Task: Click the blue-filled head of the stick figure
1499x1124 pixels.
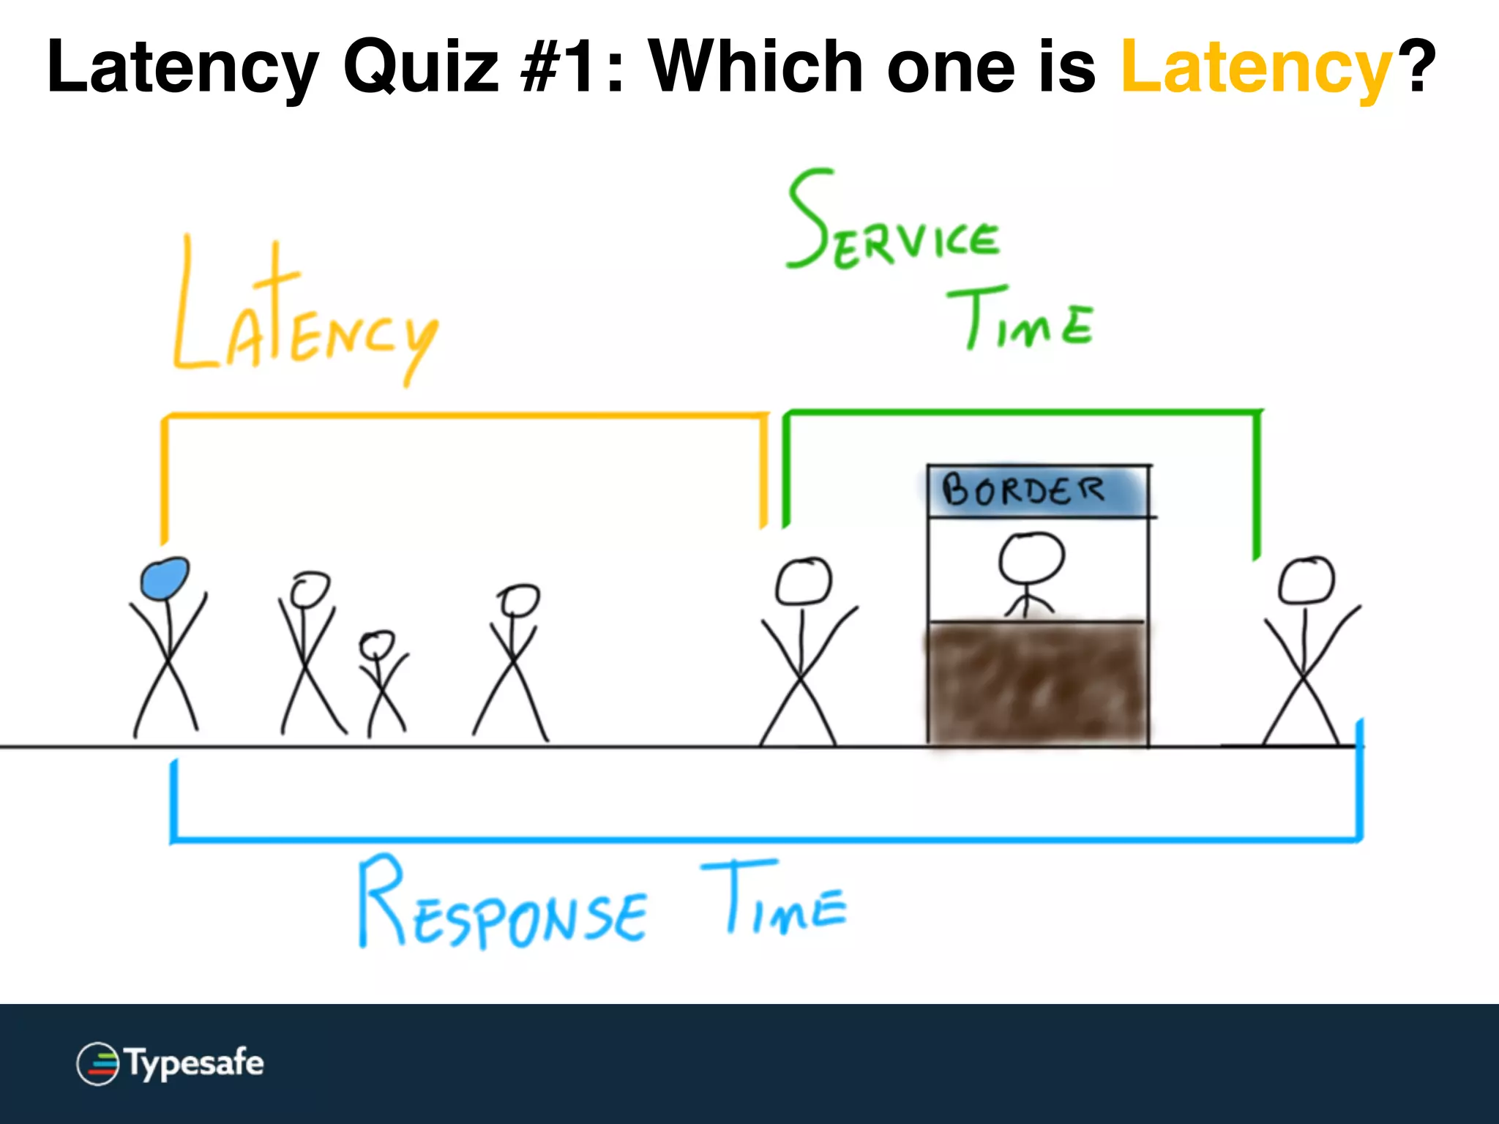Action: point(165,579)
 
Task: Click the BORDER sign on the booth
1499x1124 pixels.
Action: point(1025,490)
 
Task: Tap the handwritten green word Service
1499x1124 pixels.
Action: point(893,223)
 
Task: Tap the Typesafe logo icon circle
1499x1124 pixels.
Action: point(98,1063)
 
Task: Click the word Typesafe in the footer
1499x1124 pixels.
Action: point(195,1063)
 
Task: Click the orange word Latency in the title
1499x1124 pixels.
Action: point(1255,67)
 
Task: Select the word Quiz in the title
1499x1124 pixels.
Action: point(421,67)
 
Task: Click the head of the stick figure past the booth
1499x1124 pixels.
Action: point(1307,580)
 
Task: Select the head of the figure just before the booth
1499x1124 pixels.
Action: point(803,582)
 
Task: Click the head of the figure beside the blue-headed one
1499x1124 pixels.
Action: point(310,589)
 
